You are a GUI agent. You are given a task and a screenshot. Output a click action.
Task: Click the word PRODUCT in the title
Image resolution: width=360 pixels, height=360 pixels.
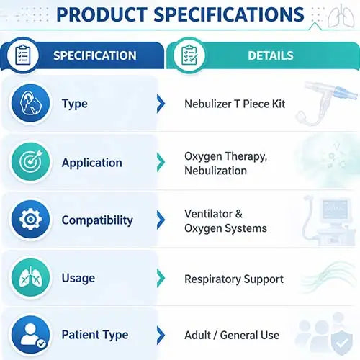[x=102, y=14]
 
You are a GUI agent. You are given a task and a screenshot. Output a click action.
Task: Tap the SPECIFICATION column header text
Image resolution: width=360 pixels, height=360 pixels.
[x=95, y=55]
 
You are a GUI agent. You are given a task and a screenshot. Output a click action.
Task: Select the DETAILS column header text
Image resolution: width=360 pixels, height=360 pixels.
[x=271, y=55]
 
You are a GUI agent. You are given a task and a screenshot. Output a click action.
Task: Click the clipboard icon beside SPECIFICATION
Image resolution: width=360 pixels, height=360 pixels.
[x=23, y=55]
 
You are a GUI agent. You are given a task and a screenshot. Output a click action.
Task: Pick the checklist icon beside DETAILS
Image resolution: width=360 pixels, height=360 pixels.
[x=189, y=55]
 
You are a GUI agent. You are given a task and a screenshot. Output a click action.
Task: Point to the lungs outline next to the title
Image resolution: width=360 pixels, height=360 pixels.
[x=341, y=16]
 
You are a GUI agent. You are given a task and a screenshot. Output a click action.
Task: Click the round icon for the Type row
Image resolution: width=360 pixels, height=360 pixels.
[x=30, y=103]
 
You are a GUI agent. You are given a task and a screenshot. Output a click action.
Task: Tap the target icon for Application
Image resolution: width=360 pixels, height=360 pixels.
[x=30, y=161]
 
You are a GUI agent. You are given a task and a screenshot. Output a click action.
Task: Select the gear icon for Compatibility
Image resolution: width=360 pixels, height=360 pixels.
[x=30, y=220]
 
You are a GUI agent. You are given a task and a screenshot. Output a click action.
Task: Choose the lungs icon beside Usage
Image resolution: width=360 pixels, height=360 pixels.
[x=30, y=278]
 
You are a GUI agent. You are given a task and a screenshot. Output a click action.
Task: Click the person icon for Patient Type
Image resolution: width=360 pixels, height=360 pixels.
[x=30, y=335]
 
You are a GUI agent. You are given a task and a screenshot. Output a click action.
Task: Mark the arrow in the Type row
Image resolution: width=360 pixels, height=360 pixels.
[x=161, y=104]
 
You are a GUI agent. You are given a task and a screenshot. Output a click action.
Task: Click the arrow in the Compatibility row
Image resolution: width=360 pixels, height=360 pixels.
[x=161, y=220]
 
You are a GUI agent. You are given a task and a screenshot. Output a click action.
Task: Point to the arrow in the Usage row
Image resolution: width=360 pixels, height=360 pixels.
[x=161, y=278]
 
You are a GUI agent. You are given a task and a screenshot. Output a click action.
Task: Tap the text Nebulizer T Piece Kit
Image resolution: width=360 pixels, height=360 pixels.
[x=235, y=104]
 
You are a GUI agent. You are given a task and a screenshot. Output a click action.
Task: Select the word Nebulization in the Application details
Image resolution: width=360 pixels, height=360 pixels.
[x=215, y=171]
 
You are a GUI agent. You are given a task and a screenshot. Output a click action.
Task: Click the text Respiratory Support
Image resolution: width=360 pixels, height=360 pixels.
[x=234, y=279]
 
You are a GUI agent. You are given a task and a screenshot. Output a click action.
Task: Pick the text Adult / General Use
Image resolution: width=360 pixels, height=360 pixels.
[x=232, y=335]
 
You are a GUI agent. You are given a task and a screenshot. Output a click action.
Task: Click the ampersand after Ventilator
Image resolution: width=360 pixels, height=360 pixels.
[x=239, y=214]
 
